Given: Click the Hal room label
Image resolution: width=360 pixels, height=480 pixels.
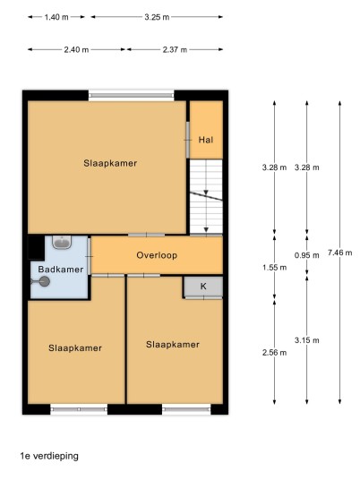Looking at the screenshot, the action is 206,140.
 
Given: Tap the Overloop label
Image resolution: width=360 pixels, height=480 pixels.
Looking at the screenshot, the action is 157,255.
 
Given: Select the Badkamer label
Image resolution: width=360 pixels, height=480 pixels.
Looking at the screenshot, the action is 61,270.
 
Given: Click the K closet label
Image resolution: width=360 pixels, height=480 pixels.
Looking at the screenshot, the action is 203,287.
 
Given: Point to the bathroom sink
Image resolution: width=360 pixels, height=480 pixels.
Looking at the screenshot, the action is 62,242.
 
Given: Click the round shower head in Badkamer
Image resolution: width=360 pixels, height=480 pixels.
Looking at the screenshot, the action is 45,281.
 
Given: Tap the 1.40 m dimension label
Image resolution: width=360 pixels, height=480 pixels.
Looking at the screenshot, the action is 56,17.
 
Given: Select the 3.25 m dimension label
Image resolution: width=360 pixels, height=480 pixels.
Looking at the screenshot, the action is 157,17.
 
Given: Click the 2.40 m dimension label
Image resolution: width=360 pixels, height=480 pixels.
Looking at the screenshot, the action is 76,49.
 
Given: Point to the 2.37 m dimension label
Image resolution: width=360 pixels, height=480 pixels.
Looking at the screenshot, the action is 175,49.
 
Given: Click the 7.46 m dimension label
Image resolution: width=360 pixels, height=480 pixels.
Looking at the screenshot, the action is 339,253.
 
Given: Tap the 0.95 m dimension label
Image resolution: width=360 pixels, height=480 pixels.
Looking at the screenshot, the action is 307,255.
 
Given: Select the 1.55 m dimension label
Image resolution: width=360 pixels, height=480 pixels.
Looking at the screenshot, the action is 274,268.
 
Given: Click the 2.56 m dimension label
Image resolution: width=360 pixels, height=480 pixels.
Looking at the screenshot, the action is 274,353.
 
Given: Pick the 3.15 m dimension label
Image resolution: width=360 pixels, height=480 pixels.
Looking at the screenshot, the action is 307,340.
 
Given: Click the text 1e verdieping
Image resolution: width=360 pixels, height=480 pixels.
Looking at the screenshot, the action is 49,456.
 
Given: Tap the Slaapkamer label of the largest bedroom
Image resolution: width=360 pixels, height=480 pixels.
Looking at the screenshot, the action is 110,163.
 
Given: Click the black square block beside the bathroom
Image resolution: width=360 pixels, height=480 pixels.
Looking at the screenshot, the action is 36,248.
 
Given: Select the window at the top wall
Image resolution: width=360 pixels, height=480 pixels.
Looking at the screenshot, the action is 132,95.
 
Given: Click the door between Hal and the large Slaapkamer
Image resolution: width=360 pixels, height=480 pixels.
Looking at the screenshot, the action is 188,140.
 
